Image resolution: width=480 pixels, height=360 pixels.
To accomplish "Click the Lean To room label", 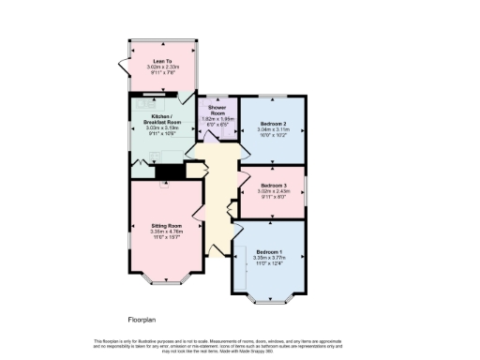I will coord(162,61).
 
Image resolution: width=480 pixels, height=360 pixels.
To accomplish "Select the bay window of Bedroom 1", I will coord(271,297).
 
